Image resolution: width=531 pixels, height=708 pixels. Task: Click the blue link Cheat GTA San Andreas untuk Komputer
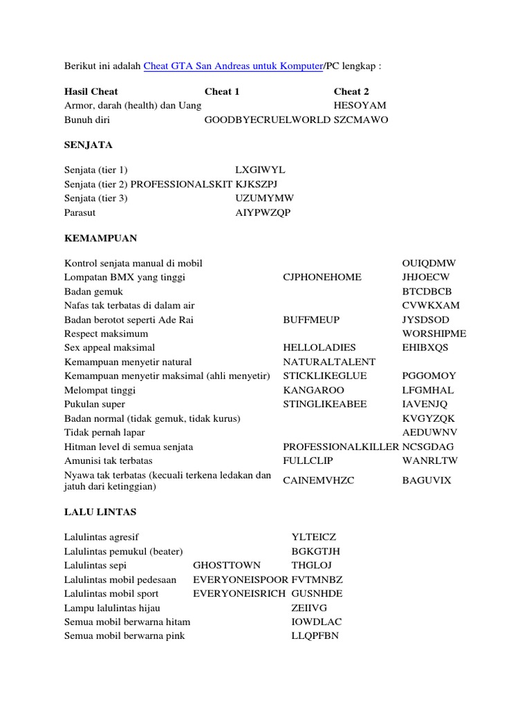[233, 66]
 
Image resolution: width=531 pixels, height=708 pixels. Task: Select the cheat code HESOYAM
[360, 105]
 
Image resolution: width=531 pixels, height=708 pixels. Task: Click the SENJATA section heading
[88, 145]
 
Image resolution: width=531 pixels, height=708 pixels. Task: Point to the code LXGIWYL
[260, 170]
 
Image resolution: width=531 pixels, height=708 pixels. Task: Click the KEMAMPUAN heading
[100, 238]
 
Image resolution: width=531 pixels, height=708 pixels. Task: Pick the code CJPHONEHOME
[322, 277]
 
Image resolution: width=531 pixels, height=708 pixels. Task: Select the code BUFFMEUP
[311, 319]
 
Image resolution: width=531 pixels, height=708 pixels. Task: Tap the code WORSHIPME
[434, 333]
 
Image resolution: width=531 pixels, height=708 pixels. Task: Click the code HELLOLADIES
[319, 348]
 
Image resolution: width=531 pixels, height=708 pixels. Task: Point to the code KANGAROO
[313, 390]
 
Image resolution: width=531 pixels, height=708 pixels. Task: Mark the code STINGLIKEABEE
[324, 404]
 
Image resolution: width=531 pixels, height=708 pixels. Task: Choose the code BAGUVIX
[426, 480]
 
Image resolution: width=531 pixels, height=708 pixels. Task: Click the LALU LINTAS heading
[100, 512]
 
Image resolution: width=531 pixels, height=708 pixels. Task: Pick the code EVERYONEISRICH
[239, 593]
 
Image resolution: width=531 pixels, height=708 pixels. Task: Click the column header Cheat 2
[351, 91]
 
